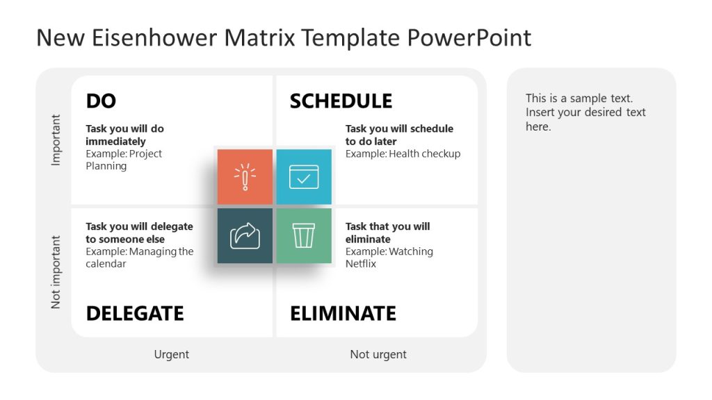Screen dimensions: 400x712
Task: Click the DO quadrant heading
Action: [101, 101]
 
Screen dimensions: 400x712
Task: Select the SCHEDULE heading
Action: [341, 101]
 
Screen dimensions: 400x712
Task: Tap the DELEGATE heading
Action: [135, 313]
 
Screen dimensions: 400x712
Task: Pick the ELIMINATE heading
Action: [343, 313]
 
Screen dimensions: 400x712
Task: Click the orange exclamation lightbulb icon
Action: [245, 177]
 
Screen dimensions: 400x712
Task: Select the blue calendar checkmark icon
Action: [304, 177]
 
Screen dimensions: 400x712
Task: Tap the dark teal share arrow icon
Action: [245, 236]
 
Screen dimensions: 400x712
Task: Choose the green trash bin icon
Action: [304, 236]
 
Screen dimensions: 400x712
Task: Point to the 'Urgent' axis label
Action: [171, 354]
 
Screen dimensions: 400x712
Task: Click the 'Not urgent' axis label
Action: [378, 354]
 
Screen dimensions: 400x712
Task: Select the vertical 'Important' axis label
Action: [56, 140]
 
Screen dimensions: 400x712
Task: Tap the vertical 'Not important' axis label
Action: [56, 272]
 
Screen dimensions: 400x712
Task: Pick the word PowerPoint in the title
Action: [469, 37]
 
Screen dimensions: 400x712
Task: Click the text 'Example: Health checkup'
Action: [403, 153]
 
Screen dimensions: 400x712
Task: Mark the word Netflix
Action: [361, 264]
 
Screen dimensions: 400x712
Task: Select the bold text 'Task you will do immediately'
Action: [124, 135]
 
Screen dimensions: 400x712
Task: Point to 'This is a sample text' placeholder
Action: [579, 99]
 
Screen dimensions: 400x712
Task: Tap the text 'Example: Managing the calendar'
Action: [139, 258]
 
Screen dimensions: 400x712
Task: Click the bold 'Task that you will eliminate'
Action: [387, 233]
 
